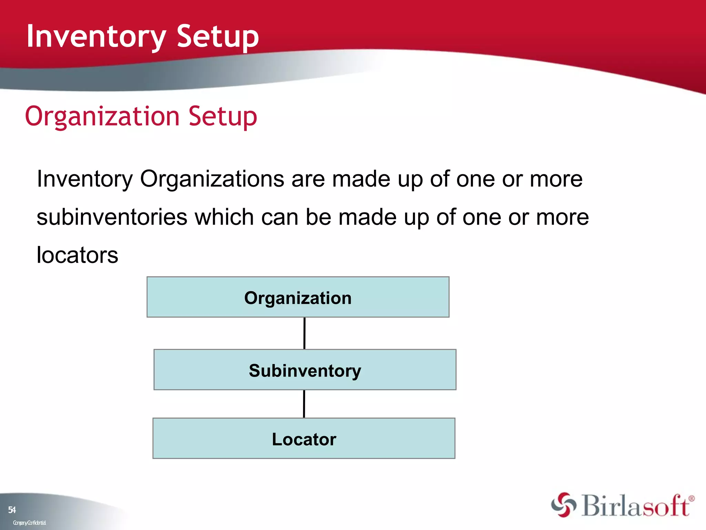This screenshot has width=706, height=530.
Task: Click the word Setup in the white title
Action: pos(218,37)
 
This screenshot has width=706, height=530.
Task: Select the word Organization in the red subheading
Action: pos(102,116)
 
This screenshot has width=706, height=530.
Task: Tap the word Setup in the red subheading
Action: pos(223,116)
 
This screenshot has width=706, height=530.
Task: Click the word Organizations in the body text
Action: pos(212,179)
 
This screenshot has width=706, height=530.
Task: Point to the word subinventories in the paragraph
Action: pos(112,217)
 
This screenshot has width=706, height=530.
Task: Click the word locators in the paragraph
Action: pos(77,255)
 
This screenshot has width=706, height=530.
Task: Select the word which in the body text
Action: pos(224,217)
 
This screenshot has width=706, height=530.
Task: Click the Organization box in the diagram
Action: pos(298,297)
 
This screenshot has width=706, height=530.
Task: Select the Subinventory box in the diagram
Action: pos(305,370)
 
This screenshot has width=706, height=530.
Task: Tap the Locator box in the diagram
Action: pos(304,439)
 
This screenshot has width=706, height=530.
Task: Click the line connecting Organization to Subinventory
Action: pos(304,333)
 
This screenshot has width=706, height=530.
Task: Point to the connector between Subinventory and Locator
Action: pos(304,404)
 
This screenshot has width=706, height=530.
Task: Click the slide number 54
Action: pos(12,510)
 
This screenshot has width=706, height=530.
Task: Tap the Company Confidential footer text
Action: pos(29,523)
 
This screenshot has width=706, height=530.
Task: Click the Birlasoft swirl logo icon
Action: pos(564,505)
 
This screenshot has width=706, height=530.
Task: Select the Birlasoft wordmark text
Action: pos(635,506)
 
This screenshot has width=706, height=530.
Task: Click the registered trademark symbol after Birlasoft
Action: pos(692,499)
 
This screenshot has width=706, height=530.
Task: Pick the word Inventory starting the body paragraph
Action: pos(85,179)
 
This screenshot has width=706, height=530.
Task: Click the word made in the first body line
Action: pos(361,179)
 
